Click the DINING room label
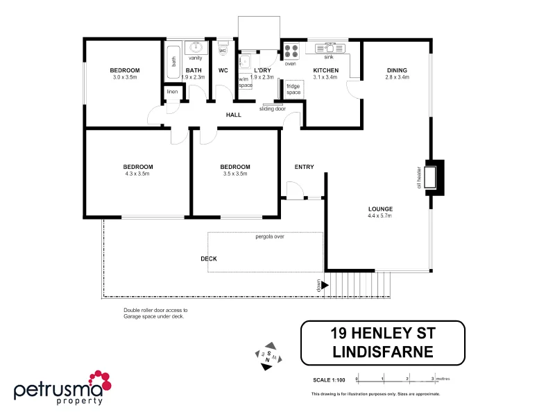[x=397, y=70]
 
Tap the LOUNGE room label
[x=380, y=208]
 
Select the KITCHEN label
[x=325, y=70]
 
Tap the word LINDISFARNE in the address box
[x=382, y=352]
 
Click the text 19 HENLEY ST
[x=382, y=334]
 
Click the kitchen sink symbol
[x=328, y=49]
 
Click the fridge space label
[x=293, y=90]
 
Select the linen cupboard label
[x=173, y=92]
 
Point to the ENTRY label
[x=304, y=167]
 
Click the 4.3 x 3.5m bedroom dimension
[x=137, y=174]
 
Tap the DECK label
[x=209, y=259]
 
